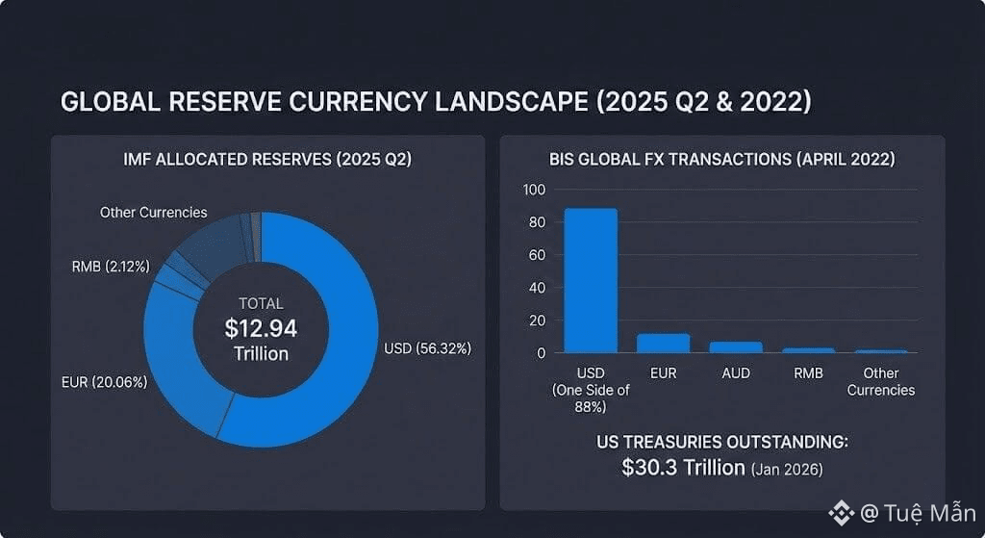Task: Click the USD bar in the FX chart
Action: (591, 280)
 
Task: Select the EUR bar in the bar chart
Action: (663, 343)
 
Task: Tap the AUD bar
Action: (736, 346)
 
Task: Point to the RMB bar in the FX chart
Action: (808, 349)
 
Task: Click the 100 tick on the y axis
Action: (534, 190)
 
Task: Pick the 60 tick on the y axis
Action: (536, 255)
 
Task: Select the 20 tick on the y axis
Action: (536, 320)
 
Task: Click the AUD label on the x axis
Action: (736, 373)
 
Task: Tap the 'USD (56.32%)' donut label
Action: (427, 348)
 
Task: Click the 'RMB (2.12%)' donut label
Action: (112, 266)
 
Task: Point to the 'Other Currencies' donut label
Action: (153, 212)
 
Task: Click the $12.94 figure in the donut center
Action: (261, 328)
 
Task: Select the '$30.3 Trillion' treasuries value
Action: (683, 468)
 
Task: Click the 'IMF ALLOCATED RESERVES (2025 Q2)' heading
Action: (267, 160)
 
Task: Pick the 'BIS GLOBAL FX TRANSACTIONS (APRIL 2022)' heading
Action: (721, 160)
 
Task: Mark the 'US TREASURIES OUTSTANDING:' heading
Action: (721, 443)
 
